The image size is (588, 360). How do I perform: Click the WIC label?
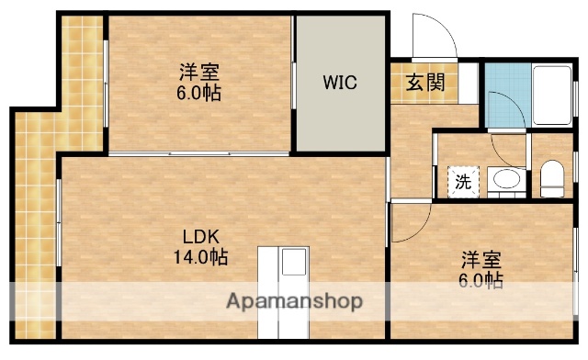tap(339, 82)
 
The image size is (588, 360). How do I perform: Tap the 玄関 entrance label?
tap(425, 83)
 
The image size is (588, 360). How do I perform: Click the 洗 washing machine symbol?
tap(463, 181)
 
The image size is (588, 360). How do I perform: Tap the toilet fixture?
tap(551, 176)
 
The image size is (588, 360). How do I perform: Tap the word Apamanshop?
tap(294, 302)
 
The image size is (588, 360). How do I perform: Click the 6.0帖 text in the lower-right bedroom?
tap(481, 280)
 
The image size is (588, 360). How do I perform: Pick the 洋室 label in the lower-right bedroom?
tap(481, 261)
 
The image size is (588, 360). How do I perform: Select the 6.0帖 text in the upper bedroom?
tap(199, 93)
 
